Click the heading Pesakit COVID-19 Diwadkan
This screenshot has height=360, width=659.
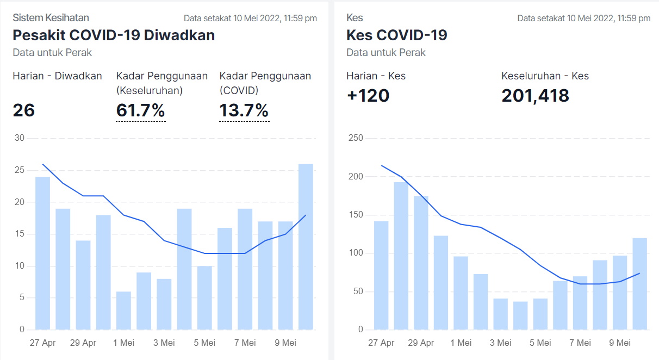pyautogui.click(x=114, y=35)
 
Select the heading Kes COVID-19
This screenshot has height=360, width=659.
pyautogui.click(x=396, y=35)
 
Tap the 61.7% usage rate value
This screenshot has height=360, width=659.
pyautogui.click(x=140, y=110)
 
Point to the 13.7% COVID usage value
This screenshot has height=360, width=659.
pyautogui.click(x=244, y=110)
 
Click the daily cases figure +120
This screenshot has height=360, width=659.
pyautogui.click(x=368, y=96)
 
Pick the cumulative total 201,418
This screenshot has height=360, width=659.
pyautogui.click(x=535, y=96)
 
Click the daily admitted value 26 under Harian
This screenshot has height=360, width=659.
pyautogui.click(x=24, y=110)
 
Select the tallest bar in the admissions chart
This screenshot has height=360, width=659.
pyautogui.click(x=306, y=247)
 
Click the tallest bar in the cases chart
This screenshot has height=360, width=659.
pyautogui.click(x=401, y=256)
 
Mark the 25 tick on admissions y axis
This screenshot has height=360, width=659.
pyautogui.click(x=19, y=170)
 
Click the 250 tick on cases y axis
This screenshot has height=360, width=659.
pyautogui.click(x=355, y=138)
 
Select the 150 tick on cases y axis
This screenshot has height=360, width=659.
pyautogui.click(x=355, y=215)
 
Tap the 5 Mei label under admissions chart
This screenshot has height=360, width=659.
pyautogui.click(x=204, y=343)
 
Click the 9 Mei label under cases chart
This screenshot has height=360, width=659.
pyautogui.click(x=619, y=343)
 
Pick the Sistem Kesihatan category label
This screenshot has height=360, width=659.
pyautogui.click(x=51, y=18)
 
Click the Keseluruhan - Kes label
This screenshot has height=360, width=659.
pyautogui.click(x=545, y=76)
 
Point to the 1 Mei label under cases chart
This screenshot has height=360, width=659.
pyautogui.click(x=461, y=343)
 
